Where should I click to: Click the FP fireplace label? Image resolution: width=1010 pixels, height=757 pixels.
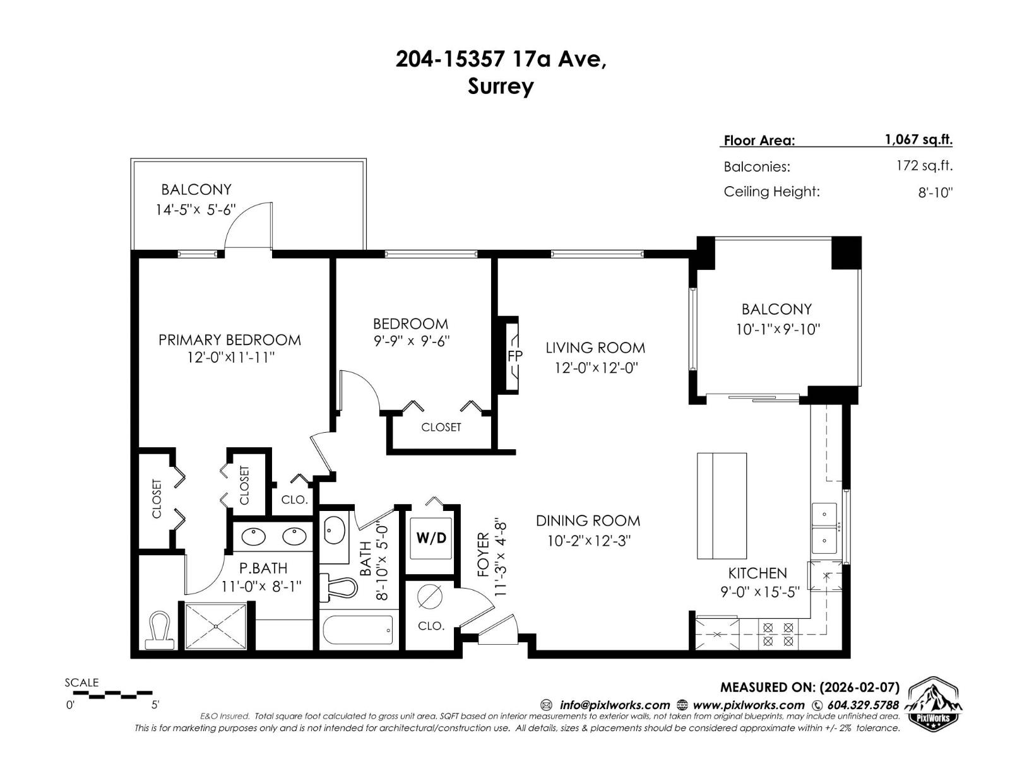tap(514, 356)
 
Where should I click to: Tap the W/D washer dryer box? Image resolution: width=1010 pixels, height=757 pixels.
tap(431, 538)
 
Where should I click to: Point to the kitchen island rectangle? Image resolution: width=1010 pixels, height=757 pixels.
tap(722, 505)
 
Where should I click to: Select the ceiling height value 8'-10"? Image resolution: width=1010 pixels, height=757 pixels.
tap(935, 192)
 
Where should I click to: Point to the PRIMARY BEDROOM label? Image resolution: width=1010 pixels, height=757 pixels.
tap(230, 340)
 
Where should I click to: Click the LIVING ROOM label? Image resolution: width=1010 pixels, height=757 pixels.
tap(595, 348)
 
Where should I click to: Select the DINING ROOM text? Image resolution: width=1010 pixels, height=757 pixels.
tap(588, 521)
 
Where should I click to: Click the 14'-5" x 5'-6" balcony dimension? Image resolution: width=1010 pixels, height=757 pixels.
tap(196, 209)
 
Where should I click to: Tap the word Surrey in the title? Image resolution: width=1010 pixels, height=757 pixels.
tap(500, 86)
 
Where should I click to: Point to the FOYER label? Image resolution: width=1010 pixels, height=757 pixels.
tap(484, 555)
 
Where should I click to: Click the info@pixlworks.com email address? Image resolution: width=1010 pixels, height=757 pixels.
tap(614, 705)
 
